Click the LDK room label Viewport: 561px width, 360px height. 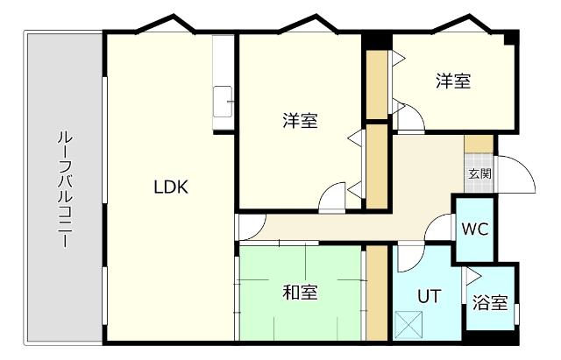click(171, 187)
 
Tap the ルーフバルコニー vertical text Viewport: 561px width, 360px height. click(64, 189)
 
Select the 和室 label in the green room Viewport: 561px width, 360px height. click(300, 293)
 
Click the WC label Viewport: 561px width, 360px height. click(474, 229)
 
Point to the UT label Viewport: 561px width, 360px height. click(428, 297)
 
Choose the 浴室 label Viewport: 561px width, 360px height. click(490, 303)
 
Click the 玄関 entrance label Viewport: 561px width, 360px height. click(479, 173)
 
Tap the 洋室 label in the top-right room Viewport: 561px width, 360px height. click(453, 81)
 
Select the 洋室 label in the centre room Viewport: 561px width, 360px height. click(300, 121)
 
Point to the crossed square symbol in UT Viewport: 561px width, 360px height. click(408, 324)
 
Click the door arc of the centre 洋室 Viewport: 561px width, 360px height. click(332, 198)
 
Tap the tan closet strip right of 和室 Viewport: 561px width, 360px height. click(377, 293)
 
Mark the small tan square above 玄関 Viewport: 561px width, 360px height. click(479, 145)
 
